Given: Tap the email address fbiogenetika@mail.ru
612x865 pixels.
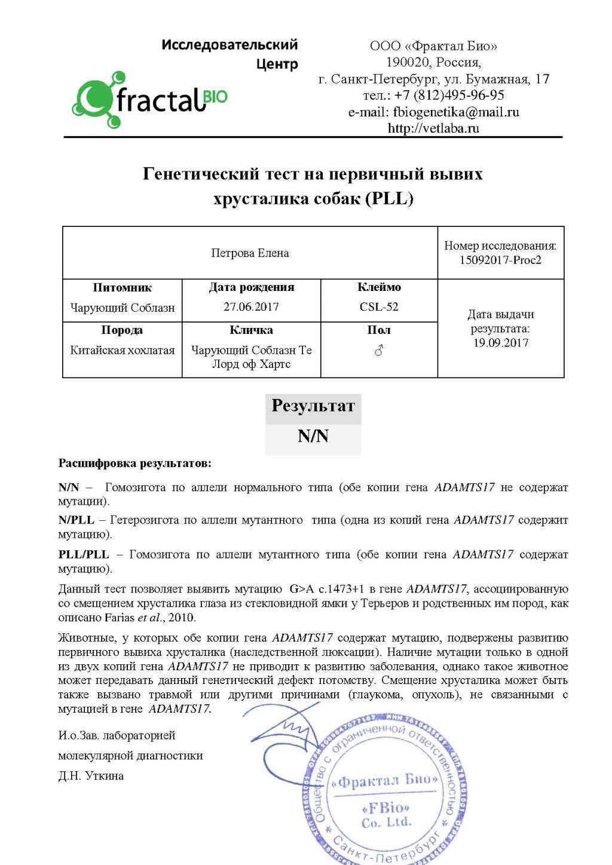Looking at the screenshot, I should pyautogui.click(x=456, y=112).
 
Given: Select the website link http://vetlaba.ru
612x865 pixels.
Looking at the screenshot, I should pyautogui.click(x=433, y=128).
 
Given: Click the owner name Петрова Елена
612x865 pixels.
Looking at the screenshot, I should pyautogui.click(x=250, y=253).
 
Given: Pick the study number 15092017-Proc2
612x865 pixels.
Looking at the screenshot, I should pyautogui.click(x=500, y=260).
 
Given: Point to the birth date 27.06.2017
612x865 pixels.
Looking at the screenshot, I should pyautogui.click(x=251, y=307).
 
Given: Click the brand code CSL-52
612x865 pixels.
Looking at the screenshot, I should pyautogui.click(x=379, y=307).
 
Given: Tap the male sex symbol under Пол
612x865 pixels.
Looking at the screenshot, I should pyautogui.click(x=379, y=351).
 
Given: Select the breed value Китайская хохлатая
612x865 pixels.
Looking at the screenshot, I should pyautogui.click(x=123, y=351).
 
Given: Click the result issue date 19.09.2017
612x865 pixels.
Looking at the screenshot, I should pyautogui.click(x=501, y=343).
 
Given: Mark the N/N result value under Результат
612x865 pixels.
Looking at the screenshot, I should pyautogui.click(x=313, y=437).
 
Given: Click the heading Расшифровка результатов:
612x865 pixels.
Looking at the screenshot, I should pyautogui.click(x=134, y=464).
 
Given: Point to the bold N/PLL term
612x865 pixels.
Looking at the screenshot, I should pyautogui.click(x=76, y=520).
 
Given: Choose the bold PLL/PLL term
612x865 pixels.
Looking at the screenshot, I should pyautogui.click(x=84, y=555).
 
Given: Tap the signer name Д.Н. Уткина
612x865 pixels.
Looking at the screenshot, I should pyautogui.click(x=91, y=776).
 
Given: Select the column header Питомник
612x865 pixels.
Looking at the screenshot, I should pyautogui.click(x=123, y=288).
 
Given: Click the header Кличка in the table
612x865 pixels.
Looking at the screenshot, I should pyautogui.click(x=251, y=330).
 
